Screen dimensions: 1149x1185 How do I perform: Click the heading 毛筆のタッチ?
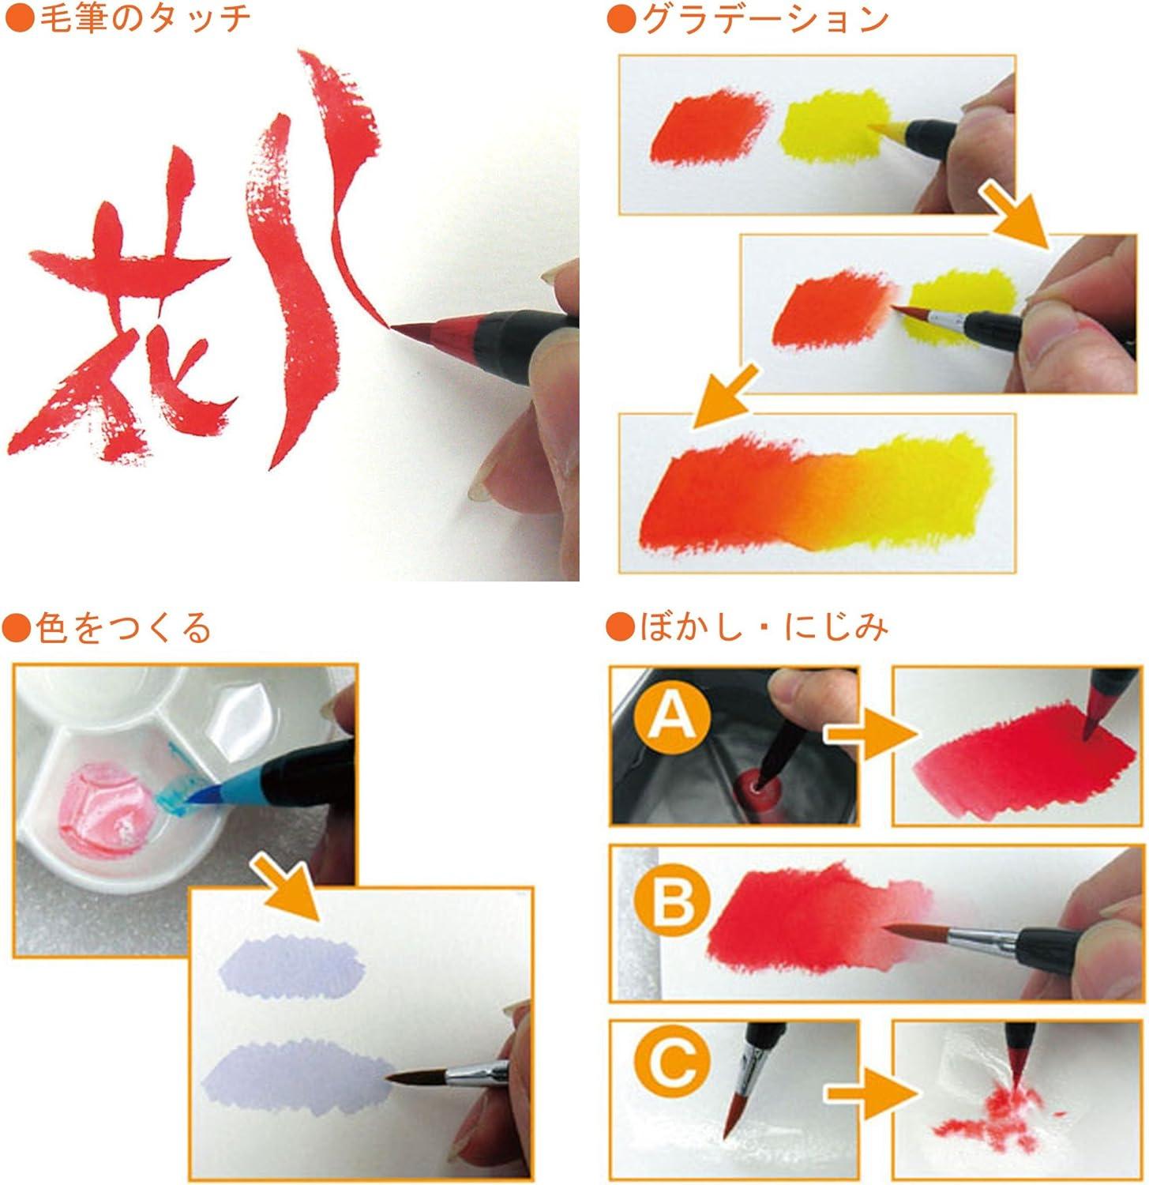[x=143, y=20]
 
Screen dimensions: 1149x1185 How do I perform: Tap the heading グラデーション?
[x=764, y=20]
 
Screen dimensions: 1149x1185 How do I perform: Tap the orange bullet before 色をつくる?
[x=16, y=628]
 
